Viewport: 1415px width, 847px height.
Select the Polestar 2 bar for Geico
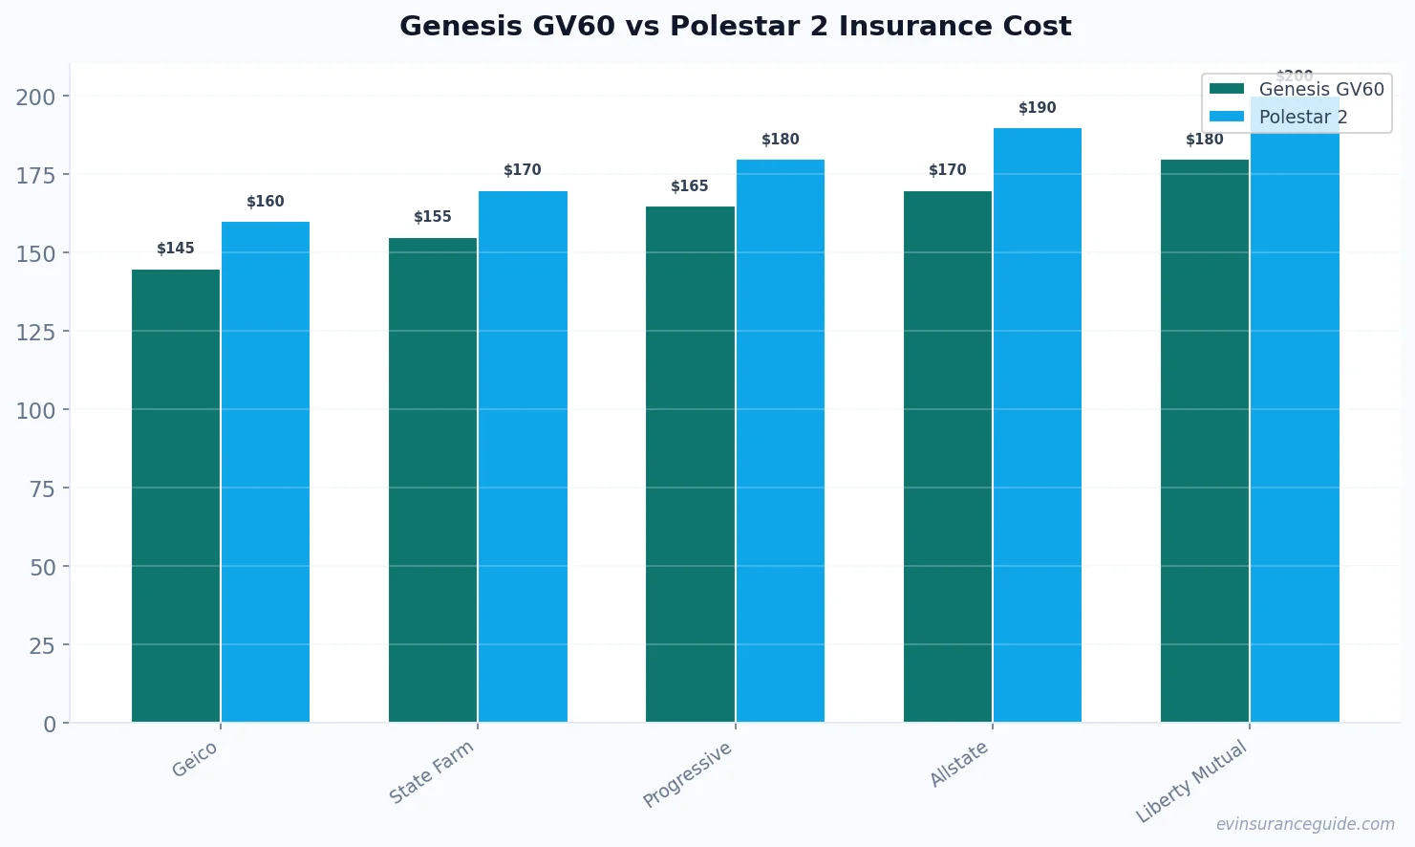(x=266, y=472)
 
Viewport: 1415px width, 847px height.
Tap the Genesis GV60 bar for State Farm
(x=433, y=480)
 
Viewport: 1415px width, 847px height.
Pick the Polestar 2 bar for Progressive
(x=781, y=441)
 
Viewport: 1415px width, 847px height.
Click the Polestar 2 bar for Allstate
(x=1038, y=425)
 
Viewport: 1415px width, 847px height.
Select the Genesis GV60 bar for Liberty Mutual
(x=1205, y=441)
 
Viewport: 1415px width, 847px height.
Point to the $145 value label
(x=176, y=249)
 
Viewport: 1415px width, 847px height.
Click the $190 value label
(x=1038, y=108)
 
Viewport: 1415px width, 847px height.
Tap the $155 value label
(x=433, y=217)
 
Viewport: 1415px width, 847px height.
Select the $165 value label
(x=690, y=186)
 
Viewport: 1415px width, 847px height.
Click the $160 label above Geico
(x=266, y=202)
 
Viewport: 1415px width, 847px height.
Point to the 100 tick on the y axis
(x=35, y=410)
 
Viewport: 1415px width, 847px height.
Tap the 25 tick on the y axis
(x=42, y=645)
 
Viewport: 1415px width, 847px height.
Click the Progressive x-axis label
(x=687, y=774)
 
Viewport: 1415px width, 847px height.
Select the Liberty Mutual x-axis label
(x=1191, y=781)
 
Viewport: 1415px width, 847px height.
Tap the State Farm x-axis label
(x=431, y=772)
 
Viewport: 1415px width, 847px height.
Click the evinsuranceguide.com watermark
(x=1305, y=824)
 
